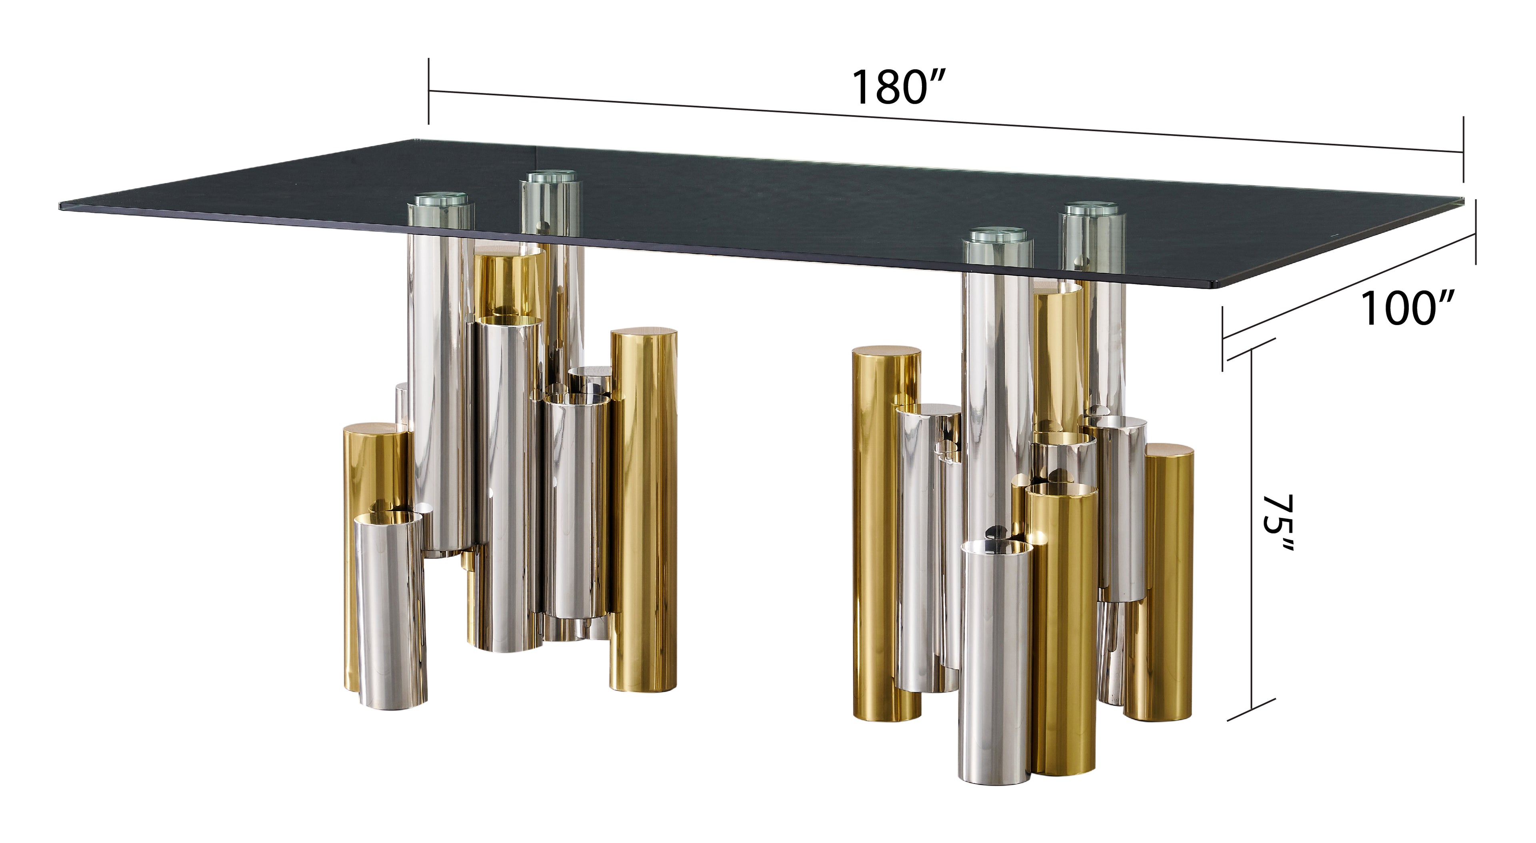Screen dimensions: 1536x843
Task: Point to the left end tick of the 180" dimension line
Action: [x=429, y=91]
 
